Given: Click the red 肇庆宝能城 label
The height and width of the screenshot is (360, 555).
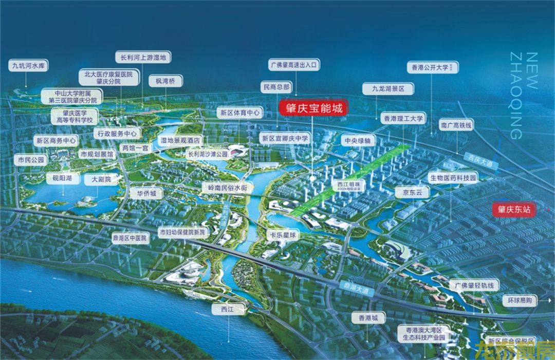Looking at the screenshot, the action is pyautogui.click(x=313, y=109).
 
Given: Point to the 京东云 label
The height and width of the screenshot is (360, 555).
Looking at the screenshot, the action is pyautogui.click(x=412, y=192).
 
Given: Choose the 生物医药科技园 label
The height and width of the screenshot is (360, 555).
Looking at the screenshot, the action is pyautogui.click(x=453, y=178).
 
